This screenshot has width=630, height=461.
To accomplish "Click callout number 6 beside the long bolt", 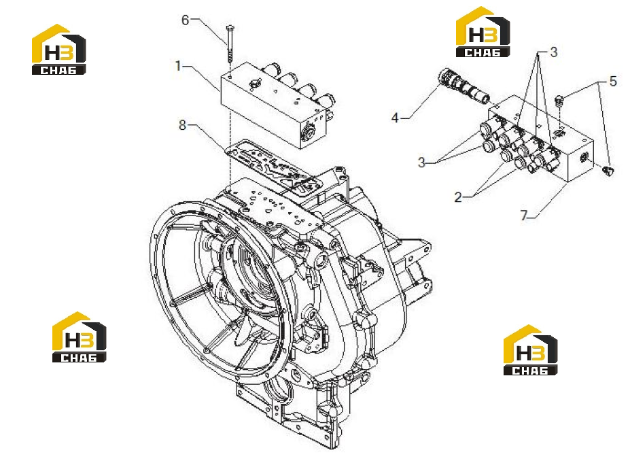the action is click(186, 20).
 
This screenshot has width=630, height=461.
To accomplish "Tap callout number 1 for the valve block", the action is click(178, 65).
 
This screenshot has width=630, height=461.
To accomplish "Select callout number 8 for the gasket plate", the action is click(182, 125).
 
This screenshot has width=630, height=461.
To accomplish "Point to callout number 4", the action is click(396, 118).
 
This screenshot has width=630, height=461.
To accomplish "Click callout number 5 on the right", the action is click(613, 81).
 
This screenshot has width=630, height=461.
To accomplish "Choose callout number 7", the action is click(523, 216).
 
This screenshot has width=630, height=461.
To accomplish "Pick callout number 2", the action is click(459, 197).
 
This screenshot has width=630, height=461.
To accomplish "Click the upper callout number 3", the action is click(554, 52).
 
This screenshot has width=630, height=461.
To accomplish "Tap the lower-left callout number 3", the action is click(421, 162).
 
